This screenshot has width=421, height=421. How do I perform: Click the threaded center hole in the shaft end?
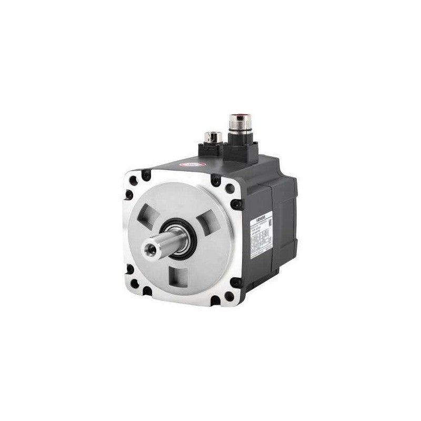click(x=148, y=247)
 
